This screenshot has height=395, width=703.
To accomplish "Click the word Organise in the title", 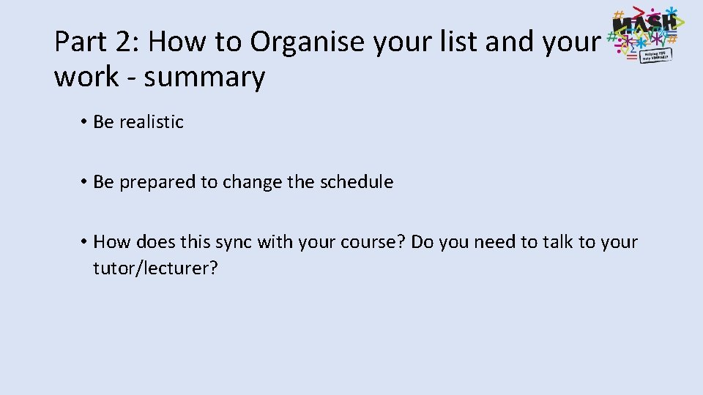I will coord(308,42).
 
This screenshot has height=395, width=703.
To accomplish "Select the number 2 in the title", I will coord(124,42).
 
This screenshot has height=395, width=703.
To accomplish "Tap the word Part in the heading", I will coord(81,42).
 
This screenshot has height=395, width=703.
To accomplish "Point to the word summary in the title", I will coord(204,77).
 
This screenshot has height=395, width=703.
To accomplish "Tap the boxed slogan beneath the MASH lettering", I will coord(656,56).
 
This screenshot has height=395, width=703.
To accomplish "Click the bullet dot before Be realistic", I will coord(85,122).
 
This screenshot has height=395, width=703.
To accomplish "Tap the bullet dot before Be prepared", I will coord(85,182).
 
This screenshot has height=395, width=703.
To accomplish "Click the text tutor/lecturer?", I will coord(155,268).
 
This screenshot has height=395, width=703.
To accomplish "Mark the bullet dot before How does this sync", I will coord(85,242).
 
